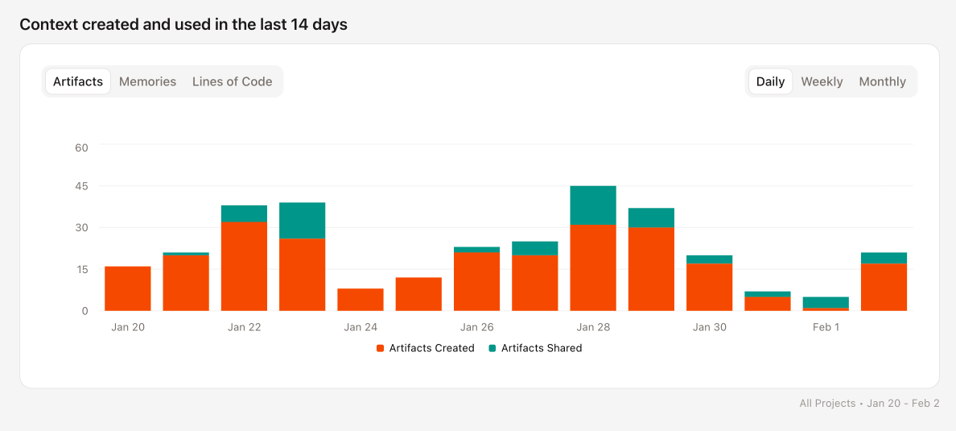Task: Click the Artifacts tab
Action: pos(78,81)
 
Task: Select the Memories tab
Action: pos(147,81)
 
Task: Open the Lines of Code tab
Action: pos(232,81)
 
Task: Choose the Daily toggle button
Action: pos(770,81)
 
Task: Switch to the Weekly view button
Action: pos(822,81)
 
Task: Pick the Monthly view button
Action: pos(882,81)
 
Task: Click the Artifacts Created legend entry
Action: pos(426,348)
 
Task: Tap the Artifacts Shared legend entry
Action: pos(535,348)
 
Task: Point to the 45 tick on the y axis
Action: pos(81,186)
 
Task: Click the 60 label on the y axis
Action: pos(81,147)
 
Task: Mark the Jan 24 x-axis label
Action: pos(361,327)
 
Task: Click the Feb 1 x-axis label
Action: pos(826,327)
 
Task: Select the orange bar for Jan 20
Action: pos(128,288)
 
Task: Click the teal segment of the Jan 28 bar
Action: pos(593,205)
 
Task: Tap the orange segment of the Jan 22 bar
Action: pos(244,266)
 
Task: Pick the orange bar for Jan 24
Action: pos(361,300)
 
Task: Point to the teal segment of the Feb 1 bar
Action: pos(826,302)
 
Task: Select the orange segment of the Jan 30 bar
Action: pos(709,287)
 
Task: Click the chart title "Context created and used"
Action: pos(183,24)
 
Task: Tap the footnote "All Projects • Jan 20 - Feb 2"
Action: pos(869,403)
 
